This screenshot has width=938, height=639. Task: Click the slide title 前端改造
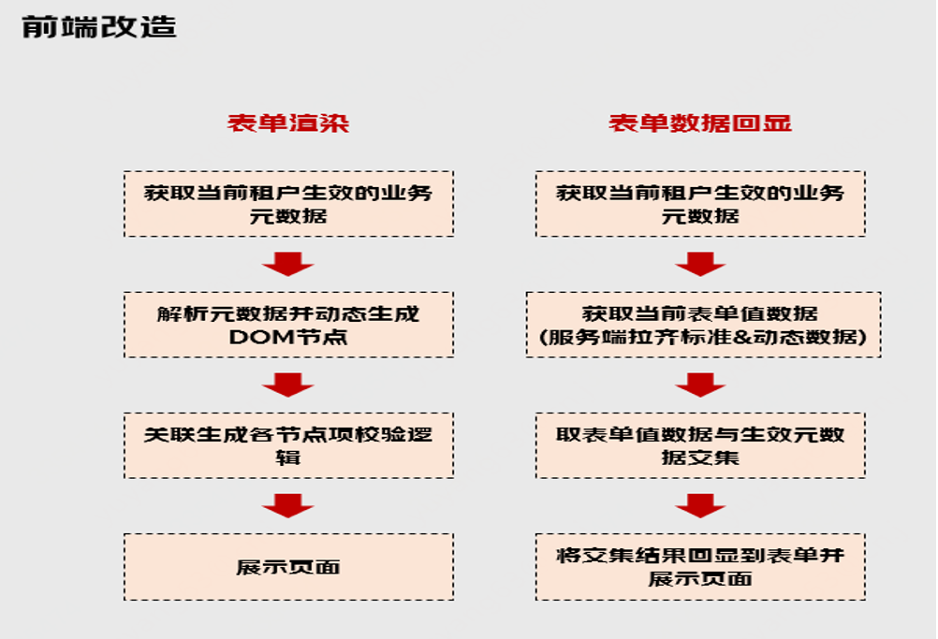(99, 27)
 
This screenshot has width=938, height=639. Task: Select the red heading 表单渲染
(288, 123)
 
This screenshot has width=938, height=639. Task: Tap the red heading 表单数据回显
(700, 123)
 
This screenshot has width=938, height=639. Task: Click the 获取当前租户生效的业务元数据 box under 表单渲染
(288, 204)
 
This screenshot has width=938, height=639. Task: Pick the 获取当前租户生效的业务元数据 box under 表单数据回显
(700, 204)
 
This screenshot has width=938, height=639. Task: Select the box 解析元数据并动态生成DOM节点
(288, 325)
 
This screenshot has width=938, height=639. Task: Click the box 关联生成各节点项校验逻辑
(288, 446)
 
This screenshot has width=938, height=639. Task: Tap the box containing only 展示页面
(288, 567)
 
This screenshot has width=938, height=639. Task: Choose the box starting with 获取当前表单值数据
(704, 325)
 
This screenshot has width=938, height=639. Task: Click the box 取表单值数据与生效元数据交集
(700, 446)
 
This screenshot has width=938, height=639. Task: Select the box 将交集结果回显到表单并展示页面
(700, 567)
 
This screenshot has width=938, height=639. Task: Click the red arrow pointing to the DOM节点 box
(287, 265)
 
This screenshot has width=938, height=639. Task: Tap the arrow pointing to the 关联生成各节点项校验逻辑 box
(287, 385)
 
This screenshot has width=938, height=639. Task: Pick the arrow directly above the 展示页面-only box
(287, 506)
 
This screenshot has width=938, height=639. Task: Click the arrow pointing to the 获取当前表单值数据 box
(700, 265)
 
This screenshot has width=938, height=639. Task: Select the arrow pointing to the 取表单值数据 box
(700, 385)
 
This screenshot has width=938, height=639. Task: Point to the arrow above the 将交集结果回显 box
(700, 506)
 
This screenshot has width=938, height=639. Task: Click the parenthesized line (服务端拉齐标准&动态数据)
(704, 337)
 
